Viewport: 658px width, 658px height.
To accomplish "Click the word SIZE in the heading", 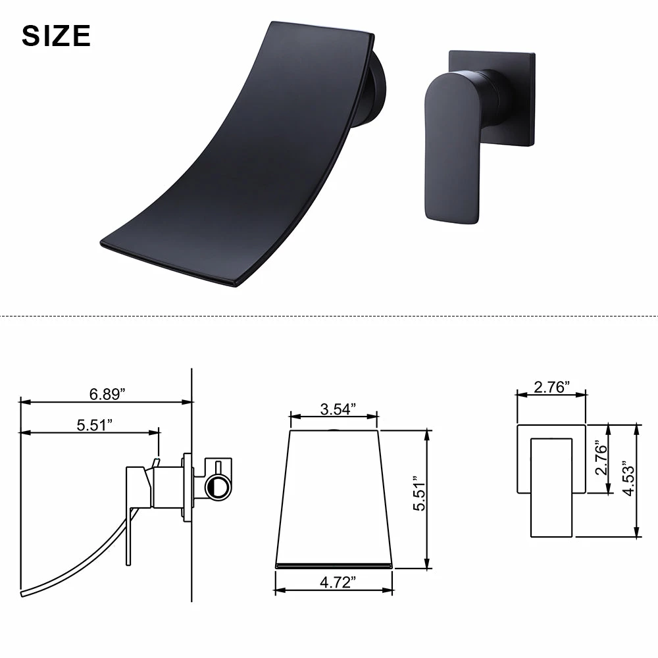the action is click(56, 36).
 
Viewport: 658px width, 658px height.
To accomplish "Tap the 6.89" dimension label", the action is click(107, 394).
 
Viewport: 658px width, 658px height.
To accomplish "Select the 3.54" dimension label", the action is click(338, 409).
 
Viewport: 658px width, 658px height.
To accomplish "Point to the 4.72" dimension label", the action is click(338, 582).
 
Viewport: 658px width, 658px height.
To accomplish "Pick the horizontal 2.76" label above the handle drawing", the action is click(552, 387).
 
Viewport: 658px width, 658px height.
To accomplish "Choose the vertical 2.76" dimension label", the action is click(601, 457).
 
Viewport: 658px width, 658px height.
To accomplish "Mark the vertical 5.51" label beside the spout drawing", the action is click(418, 493).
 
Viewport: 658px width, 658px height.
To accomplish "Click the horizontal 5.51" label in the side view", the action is click(94, 424).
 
